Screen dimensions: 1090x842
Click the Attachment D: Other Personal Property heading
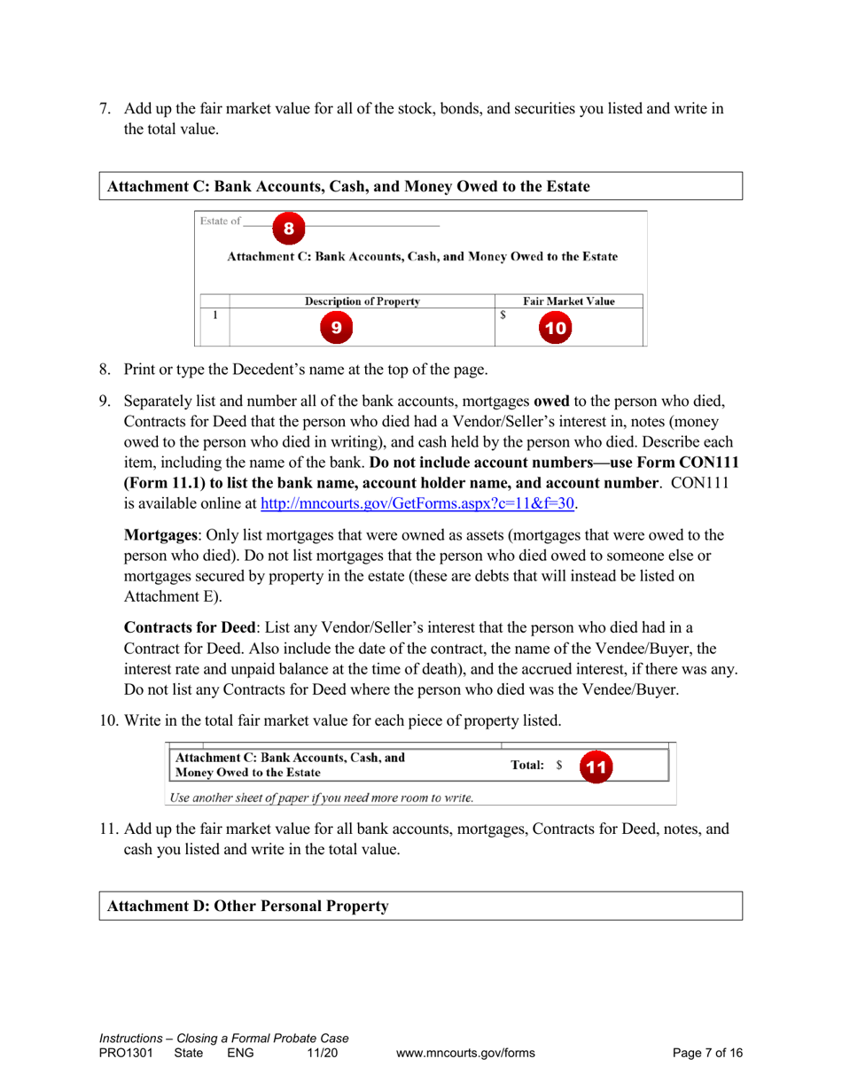tap(247, 907)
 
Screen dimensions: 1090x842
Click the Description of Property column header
tap(362, 300)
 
